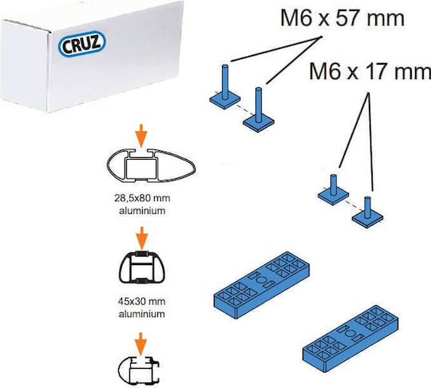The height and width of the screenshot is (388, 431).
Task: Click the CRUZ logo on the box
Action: click(x=82, y=43)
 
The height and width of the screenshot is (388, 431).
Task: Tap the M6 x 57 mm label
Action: click(x=342, y=18)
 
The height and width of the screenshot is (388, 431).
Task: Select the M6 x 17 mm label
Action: click(x=370, y=71)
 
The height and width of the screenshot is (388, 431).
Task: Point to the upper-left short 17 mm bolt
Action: click(x=333, y=190)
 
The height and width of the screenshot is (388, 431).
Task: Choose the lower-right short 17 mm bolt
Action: click(x=367, y=212)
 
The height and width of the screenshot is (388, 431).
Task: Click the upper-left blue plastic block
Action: click(x=262, y=285)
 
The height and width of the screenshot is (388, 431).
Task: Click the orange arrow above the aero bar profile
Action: click(x=141, y=135)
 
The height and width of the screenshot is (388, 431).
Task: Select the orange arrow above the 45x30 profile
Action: click(x=141, y=238)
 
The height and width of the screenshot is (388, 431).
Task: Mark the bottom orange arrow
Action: click(x=141, y=344)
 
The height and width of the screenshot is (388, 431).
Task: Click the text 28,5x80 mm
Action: click(x=142, y=198)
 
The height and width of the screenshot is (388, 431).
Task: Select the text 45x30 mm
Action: click(x=141, y=302)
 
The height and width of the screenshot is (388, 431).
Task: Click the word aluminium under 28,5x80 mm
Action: click(x=142, y=211)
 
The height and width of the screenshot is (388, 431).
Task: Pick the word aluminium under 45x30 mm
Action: click(x=141, y=314)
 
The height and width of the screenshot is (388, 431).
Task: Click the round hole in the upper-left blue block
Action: click(x=262, y=280)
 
